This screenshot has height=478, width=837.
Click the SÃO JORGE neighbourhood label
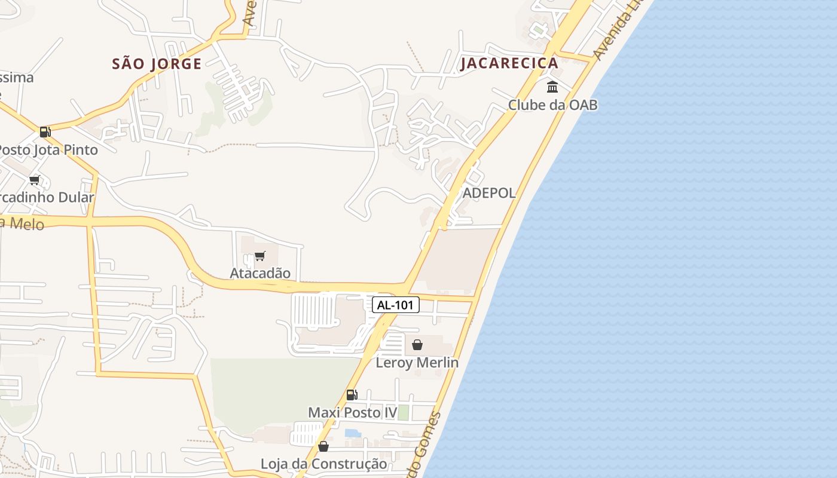(157, 64)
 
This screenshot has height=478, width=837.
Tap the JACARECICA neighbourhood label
(509, 63)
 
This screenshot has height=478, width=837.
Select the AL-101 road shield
(396, 305)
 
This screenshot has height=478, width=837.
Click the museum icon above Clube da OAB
(552, 87)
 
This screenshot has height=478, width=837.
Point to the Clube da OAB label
(552, 105)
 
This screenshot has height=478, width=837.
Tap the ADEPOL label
(489, 193)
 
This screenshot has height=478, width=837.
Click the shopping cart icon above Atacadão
(259, 256)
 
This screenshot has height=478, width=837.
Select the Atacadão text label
(260, 273)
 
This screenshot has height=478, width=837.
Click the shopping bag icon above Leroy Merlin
(417, 345)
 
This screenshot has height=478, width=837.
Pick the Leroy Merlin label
(417, 363)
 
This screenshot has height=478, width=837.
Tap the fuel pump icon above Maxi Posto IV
(352, 395)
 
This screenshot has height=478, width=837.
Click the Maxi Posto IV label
(353, 413)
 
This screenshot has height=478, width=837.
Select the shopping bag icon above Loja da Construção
(323, 446)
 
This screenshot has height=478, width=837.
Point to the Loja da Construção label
(323, 464)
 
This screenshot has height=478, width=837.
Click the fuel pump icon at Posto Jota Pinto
(45, 132)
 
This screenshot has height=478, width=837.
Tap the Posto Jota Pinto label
(48, 149)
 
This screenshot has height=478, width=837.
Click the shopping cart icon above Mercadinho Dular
(34, 180)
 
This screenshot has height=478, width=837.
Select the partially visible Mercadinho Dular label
(47, 197)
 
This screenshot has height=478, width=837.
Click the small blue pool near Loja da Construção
(353, 433)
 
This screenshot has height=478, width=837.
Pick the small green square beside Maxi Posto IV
(404, 412)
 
